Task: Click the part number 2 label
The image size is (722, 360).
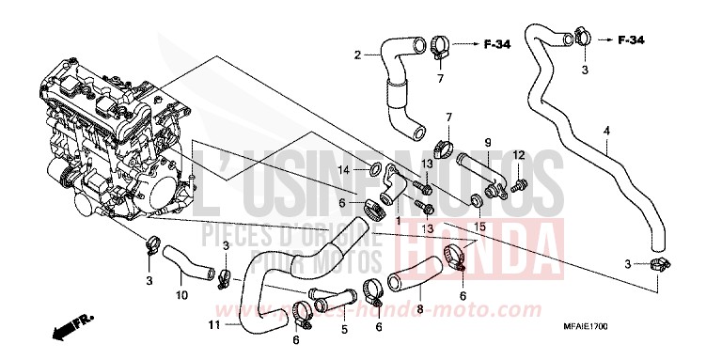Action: click(357, 55)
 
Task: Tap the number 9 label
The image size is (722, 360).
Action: click(488, 142)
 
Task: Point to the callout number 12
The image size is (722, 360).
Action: click(518, 154)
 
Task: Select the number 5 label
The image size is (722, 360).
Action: click(344, 329)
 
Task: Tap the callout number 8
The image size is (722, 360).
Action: click(419, 307)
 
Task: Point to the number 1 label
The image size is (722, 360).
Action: click(399, 221)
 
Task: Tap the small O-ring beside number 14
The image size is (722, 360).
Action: click(375, 170)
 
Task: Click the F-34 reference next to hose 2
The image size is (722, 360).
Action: click(498, 43)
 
